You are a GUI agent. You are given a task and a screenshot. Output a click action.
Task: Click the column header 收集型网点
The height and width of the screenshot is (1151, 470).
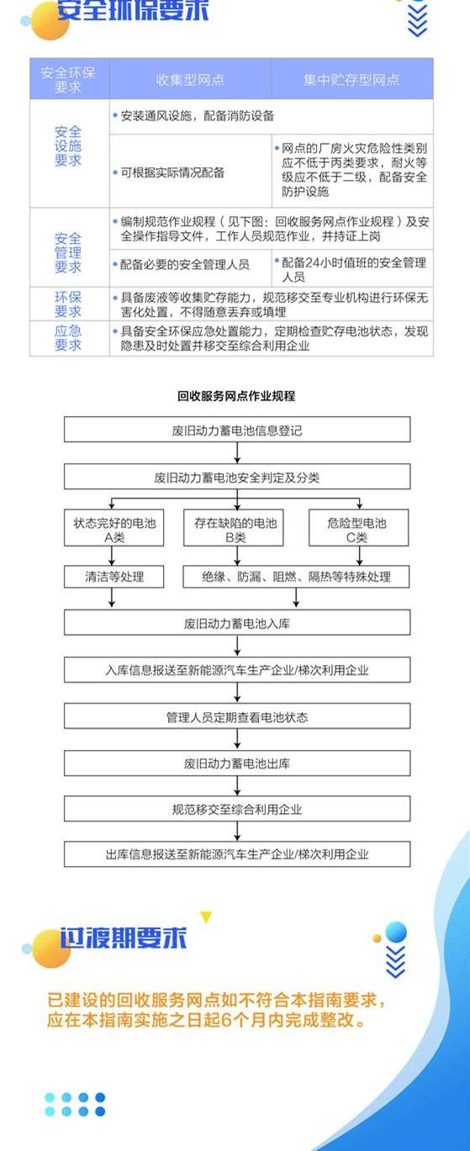pyautogui.click(x=190, y=80)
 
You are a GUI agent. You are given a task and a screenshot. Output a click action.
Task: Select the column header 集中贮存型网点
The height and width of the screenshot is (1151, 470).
pyautogui.click(x=351, y=80)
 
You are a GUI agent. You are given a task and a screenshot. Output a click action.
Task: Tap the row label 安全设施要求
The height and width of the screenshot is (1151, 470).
pyautogui.click(x=68, y=146)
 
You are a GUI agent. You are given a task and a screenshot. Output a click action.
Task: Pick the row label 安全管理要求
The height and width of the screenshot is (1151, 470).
pyautogui.click(x=68, y=253)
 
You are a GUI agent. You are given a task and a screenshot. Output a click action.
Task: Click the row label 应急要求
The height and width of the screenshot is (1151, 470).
pyautogui.click(x=68, y=338)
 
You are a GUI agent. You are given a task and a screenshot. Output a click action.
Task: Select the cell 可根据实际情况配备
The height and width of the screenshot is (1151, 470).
pyautogui.click(x=169, y=172)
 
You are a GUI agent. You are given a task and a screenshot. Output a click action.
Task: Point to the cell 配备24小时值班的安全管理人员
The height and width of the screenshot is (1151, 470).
pyautogui.click(x=351, y=269)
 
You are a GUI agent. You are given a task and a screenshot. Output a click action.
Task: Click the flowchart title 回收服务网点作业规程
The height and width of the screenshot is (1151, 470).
pyautogui.click(x=236, y=396)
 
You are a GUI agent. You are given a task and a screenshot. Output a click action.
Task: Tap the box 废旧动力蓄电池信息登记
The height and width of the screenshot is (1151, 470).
pyautogui.click(x=237, y=430)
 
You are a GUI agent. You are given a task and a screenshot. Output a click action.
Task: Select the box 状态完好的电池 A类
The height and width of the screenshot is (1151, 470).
pyautogui.click(x=114, y=528)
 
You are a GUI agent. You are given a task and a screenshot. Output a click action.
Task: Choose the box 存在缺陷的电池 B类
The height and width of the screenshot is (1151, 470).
pyautogui.click(x=234, y=528)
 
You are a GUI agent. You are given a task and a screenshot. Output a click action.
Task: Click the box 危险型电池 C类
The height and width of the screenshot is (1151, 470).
pyautogui.click(x=358, y=528)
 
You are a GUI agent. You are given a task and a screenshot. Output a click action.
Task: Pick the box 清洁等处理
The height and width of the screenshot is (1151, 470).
pyautogui.click(x=114, y=577)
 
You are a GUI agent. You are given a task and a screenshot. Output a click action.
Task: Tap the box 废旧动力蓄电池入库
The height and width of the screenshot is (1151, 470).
pyautogui.click(x=237, y=623)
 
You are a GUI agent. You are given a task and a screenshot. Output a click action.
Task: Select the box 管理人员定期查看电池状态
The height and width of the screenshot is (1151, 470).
pyautogui.click(x=237, y=716)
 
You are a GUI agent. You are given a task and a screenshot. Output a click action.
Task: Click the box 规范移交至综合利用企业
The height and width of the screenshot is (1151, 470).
pyautogui.click(x=237, y=809)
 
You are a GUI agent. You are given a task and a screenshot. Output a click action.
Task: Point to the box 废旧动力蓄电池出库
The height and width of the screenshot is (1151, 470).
pyautogui.click(x=237, y=763)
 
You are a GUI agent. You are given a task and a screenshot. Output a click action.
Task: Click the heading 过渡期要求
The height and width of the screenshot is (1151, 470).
pyautogui.click(x=124, y=937)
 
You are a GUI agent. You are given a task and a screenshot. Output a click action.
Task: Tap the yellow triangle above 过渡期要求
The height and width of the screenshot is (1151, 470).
pyautogui.click(x=206, y=917)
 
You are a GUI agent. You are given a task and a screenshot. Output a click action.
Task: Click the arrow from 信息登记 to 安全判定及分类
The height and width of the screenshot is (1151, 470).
pyautogui.click(x=237, y=452)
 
